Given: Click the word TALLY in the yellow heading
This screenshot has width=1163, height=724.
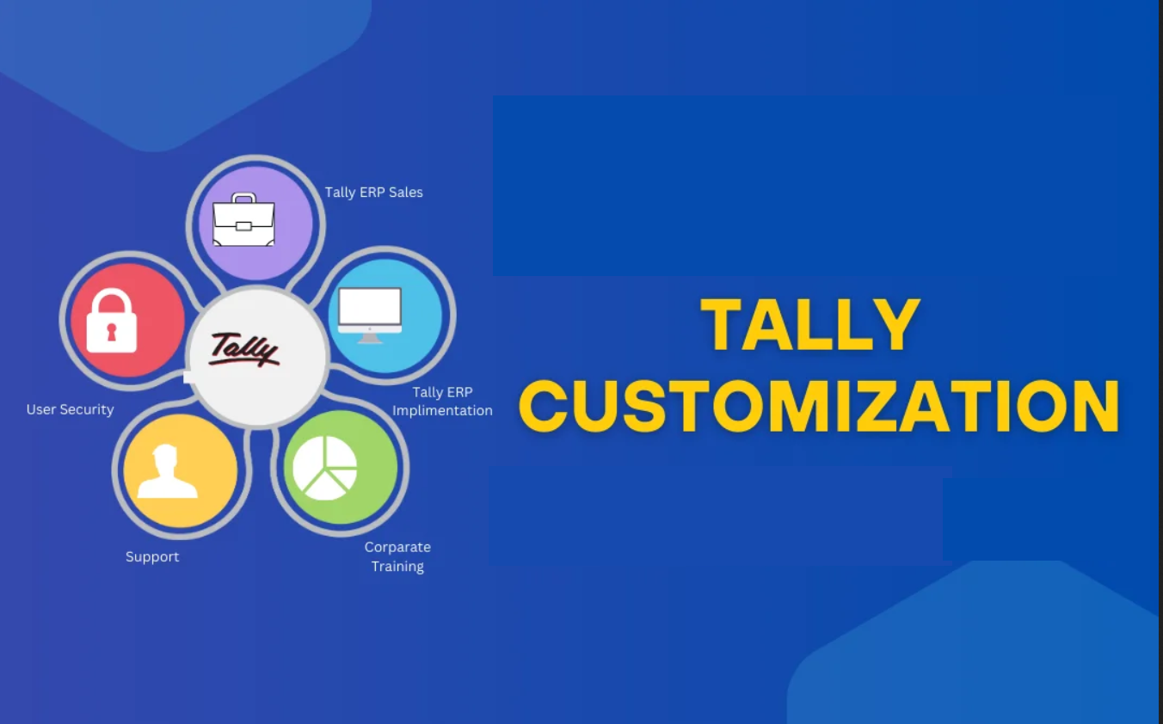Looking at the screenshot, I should click(x=810, y=326).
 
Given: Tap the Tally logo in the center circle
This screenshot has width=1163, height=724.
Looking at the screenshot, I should click(x=244, y=350).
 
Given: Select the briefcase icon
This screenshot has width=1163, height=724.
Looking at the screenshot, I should click(x=244, y=221).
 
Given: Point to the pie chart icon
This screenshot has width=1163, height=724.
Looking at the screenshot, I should click(x=324, y=468).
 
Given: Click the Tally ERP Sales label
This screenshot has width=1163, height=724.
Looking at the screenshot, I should click(x=373, y=193).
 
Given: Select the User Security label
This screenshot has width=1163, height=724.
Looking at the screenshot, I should click(x=70, y=409).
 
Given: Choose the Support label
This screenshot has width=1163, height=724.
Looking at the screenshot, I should click(x=152, y=556).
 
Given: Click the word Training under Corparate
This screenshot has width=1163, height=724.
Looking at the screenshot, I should click(x=397, y=567).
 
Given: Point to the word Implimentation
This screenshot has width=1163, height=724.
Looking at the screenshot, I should click(x=442, y=410).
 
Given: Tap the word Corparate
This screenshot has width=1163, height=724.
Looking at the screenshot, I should click(x=397, y=547).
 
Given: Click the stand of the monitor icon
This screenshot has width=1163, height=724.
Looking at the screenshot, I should click(x=370, y=338).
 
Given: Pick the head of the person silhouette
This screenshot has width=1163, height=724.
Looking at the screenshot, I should click(x=167, y=457).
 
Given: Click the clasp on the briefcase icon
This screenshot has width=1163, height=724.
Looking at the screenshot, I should click(x=243, y=227).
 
